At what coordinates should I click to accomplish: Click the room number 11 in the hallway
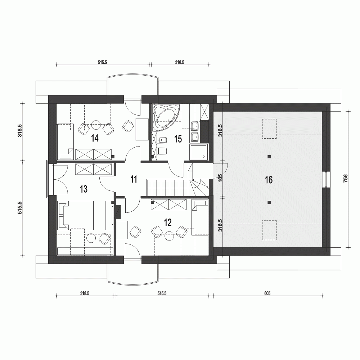click(x=134, y=179)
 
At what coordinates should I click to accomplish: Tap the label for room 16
click(x=269, y=180)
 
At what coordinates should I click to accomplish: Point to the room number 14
click(x=95, y=138)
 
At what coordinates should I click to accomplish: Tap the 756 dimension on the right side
click(x=345, y=179)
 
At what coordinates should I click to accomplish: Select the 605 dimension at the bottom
click(x=267, y=293)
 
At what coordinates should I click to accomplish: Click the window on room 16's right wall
click(x=326, y=179)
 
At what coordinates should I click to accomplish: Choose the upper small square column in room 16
click(x=269, y=157)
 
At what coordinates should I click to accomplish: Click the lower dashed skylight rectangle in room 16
click(x=269, y=230)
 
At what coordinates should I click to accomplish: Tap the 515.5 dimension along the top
click(x=102, y=62)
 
